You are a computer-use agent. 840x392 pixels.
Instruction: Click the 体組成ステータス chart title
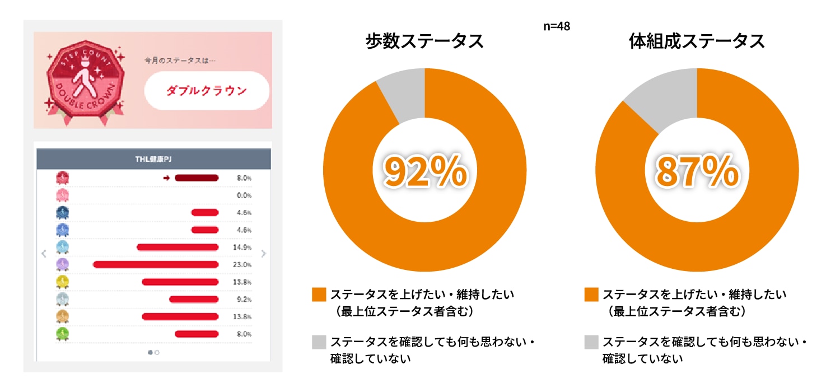[x=697, y=41]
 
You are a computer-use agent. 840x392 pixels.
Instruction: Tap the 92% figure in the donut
[x=424, y=171]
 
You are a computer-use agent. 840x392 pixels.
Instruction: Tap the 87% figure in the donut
[x=697, y=171]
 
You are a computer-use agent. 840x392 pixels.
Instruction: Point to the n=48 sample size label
[x=557, y=26]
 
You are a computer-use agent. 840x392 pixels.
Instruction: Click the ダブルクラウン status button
[x=207, y=91]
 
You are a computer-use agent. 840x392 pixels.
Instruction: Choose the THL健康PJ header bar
[x=153, y=159]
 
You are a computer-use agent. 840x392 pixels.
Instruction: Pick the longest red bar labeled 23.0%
[x=156, y=264]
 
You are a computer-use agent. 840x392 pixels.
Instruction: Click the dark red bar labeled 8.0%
[x=196, y=178]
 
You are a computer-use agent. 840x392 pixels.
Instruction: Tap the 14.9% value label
[x=242, y=248]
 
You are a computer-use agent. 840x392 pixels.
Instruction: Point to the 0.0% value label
[x=244, y=195]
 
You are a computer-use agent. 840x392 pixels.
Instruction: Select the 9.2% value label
[x=244, y=300]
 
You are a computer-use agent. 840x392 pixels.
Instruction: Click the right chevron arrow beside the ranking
[x=264, y=254]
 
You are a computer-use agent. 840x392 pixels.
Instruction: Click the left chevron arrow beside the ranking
[x=44, y=254]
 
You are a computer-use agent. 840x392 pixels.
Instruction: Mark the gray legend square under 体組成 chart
[x=591, y=342]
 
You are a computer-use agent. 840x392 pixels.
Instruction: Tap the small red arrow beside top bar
[x=166, y=178]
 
